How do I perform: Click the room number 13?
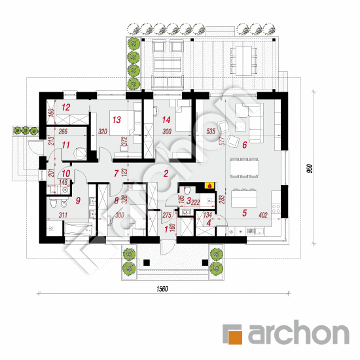[116, 120]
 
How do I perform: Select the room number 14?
[166, 120]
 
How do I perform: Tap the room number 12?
[65, 107]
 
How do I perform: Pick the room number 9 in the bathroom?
[77, 201]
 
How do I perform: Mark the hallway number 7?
[116, 174]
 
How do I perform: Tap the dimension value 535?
[211, 132]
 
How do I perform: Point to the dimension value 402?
[262, 214]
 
